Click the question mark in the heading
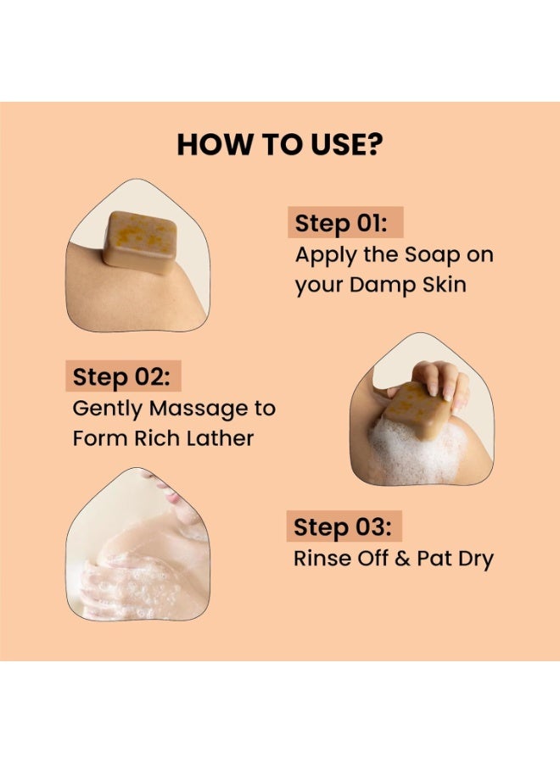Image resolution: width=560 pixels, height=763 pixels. click(x=374, y=144)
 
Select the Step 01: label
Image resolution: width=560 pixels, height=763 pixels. click(x=341, y=223)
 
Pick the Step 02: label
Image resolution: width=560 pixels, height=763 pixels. click(x=121, y=376)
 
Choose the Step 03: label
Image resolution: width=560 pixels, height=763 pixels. click(x=342, y=526)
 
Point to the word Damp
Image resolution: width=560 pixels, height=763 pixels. click(x=383, y=285)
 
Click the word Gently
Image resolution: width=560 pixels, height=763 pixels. click(x=108, y=409)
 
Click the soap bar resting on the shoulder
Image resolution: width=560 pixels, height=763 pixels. click(x=140, y=242)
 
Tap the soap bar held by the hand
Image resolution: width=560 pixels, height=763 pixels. click(x=416, y=409)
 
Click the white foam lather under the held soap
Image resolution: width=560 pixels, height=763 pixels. click(x=414, y=453)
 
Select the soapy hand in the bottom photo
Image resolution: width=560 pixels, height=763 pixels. click(x=132, y=589)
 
